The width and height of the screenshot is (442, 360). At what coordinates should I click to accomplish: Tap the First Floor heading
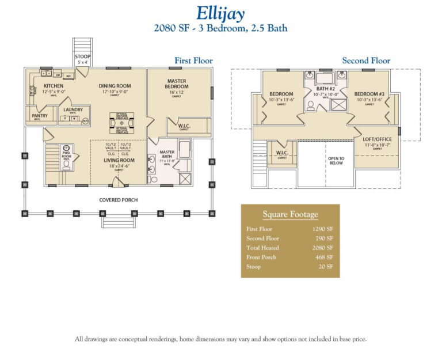pyautogui.click(x=193, y=60)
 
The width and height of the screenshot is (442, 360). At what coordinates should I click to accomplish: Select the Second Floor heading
pyautogui.click(x=366, y=60)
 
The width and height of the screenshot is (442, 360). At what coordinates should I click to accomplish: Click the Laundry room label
pyautogui.click(x=73, y=109)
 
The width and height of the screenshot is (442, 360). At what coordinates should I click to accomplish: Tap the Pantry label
pyautogui.click(x=40, y=116)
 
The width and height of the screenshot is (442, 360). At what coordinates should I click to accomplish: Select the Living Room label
pyautogui.click(x=119, y=160)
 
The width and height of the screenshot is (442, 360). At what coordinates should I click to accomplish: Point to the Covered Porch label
pyautogui.click(x=118, y=200)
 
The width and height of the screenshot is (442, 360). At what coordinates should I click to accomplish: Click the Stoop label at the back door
pyautogui.click(x=82, y=56)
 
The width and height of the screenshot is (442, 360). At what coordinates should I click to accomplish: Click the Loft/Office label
pyautogui.click(x=377, y=140)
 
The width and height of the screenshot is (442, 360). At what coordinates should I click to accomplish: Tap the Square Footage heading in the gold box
pyautogui.click(x=290, y=214)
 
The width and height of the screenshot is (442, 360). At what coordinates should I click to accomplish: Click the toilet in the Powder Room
pyautogui.click(x=66, y=164)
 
